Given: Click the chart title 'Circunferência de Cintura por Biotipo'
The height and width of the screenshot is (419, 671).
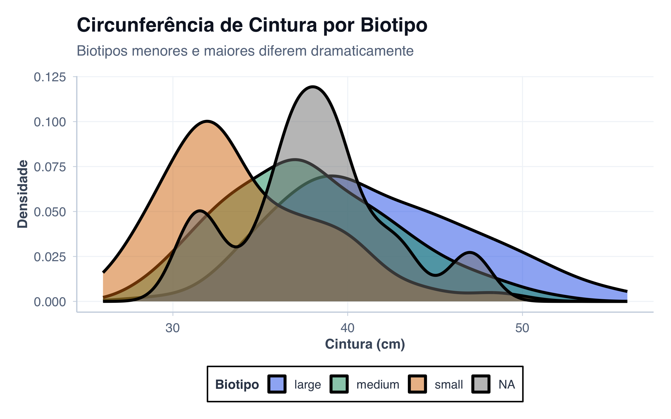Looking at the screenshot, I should [252, 25].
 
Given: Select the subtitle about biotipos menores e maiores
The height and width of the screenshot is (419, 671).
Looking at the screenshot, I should [245, 51].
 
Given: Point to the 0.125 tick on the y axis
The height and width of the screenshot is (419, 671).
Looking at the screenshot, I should [50, 77].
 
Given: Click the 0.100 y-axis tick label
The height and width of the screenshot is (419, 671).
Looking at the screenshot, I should [50, 122].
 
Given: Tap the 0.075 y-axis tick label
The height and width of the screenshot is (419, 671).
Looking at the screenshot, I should [50, 167].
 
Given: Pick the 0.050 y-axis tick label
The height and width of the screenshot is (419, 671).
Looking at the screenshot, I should [50, 212].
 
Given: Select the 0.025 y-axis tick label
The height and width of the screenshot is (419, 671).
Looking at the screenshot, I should [50, 257].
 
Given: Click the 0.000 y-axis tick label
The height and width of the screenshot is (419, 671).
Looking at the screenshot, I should [50, 302].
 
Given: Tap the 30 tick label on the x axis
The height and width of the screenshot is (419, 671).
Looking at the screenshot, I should [173, 328].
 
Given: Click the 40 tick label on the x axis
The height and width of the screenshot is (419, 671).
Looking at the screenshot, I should [348, 328].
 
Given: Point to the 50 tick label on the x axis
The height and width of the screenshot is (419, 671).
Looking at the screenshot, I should [522, 328].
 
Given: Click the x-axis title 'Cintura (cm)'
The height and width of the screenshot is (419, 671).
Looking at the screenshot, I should [365, 344].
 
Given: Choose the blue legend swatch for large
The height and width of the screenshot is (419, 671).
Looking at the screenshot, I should [277, 384].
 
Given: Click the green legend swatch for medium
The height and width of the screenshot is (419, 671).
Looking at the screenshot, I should [339, 384].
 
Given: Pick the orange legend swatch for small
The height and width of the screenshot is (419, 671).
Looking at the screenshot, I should [417, 384].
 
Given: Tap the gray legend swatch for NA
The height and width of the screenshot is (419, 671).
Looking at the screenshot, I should [481, 384].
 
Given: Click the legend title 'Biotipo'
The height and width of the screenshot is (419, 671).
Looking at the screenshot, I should [237, 385].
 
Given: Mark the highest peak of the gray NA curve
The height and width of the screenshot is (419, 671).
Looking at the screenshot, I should [313, 87].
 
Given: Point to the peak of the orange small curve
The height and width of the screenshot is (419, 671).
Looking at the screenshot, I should [207, 122].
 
